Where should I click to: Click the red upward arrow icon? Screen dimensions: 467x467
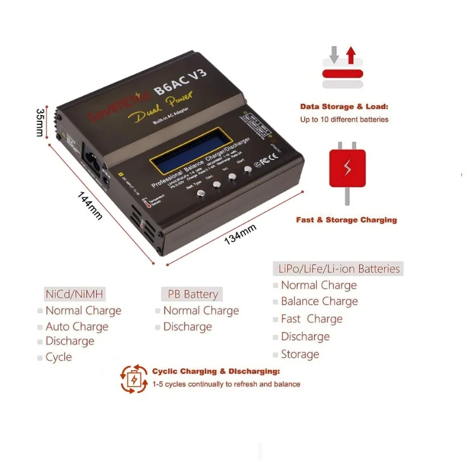[351, 56]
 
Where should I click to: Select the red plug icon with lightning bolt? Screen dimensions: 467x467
[347, 168]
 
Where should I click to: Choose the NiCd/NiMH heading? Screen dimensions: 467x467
[74, 294]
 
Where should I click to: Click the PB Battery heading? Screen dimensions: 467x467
[193, 294]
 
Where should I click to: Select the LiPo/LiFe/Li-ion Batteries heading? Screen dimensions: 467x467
[337, 269]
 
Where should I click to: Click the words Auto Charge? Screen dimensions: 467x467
[77, 326]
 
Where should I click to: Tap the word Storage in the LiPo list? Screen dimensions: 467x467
[300, 354]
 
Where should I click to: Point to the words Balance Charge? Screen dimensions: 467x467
[319, 301]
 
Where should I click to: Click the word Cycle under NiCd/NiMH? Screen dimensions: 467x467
[59, 357]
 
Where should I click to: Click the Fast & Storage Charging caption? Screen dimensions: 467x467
[346, 220]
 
